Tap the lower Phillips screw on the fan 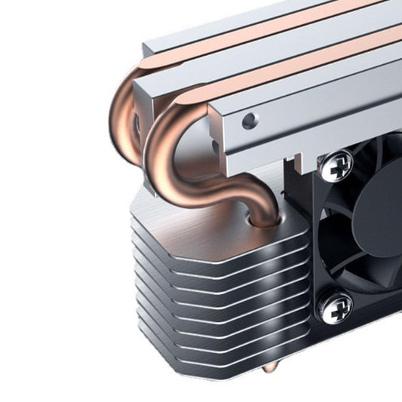pos(335,305)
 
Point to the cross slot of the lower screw pos(335,305)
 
